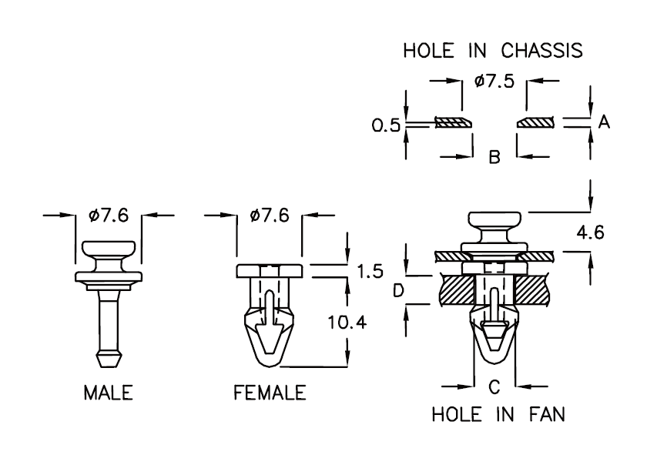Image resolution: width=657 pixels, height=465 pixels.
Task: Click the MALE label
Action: pyautogui.click(x=108, y=393)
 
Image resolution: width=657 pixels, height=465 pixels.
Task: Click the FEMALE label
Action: pyautogui.click(x=269, y=393)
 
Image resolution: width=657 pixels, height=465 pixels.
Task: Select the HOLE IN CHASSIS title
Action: pyautogui.click(x=493, y=52)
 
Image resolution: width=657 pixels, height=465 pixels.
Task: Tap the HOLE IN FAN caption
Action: pyautogui.click(x=498, y=414)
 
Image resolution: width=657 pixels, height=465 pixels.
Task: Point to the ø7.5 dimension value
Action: pyautogui.click(x=494, y=81)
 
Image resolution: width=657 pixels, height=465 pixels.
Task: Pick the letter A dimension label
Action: pyautogui.click(x=604, y=122)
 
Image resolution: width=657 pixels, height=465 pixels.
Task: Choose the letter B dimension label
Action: pyautogui.click(x=494, y=158)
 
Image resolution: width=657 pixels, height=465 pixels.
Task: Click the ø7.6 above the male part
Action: pyautogui.click(x=108, y=216)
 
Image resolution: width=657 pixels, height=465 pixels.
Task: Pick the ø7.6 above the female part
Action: pyautogui.click(x=269, y=216)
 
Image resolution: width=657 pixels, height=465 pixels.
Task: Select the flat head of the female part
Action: pyautogui.click(x=269, y=271)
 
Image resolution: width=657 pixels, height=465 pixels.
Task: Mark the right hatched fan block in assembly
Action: pyautogui.click(x=536, y=290)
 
